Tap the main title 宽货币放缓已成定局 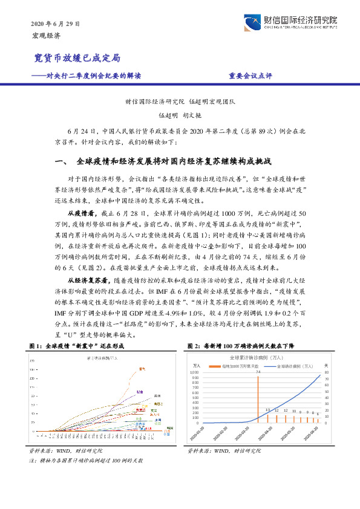pos(76,58)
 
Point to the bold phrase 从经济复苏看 pos(85,281)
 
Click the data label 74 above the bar pos(257,371)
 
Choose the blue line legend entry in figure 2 pos(294,366)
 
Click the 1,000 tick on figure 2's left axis pos(195,372)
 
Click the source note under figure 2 pos(224,451)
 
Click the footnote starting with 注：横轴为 pos(86,461)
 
